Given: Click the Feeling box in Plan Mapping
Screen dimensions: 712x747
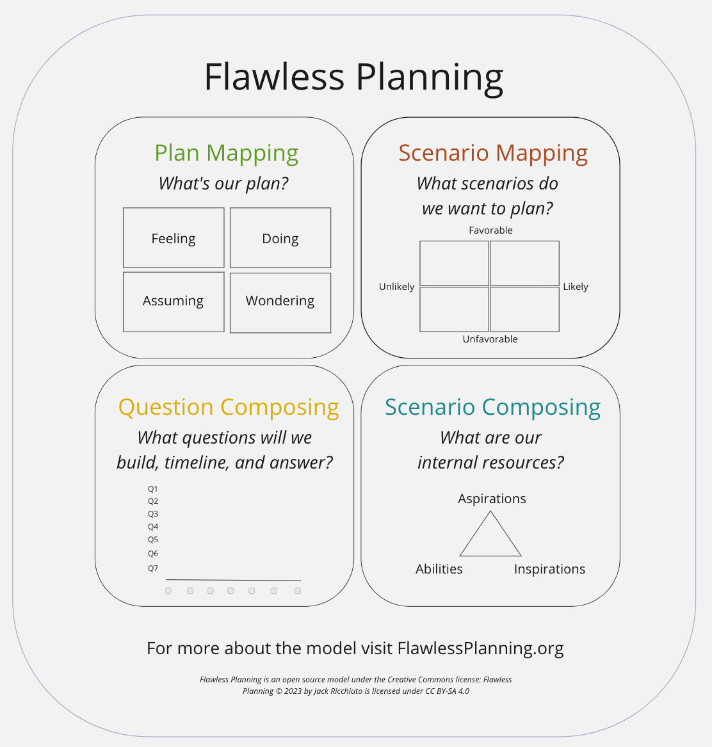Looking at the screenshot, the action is click(174, 237).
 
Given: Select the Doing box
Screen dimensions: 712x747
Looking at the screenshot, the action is click(280, 237).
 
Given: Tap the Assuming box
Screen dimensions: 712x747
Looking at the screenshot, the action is click(174, 302).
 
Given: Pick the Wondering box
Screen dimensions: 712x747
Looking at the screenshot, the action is click(280, 303).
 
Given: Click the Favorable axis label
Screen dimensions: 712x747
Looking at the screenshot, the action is click(490, 230).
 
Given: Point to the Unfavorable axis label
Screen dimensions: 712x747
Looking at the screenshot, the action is click(490, 339).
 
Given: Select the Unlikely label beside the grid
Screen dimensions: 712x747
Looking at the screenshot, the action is click(396, 286).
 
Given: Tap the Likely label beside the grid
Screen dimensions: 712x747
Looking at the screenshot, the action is click(575, 287).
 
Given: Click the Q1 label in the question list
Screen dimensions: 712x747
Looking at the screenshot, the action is click(152, 489).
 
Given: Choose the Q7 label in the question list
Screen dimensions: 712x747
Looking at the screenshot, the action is click(152, 568).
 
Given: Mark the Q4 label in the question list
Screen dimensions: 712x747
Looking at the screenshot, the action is click(152, 526).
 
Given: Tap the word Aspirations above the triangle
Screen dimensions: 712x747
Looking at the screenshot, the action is click(492, 499).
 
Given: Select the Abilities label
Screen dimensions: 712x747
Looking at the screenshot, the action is click(439, 569).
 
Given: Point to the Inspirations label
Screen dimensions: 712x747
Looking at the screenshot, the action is click(549, 569).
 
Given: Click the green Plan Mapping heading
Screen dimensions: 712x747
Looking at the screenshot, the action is click(227, 154).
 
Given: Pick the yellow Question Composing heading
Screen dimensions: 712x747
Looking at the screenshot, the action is click(229, 408).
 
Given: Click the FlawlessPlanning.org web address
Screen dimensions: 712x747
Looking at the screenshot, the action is click(480, 648).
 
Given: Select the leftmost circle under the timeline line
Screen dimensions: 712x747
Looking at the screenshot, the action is click(168, 591).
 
